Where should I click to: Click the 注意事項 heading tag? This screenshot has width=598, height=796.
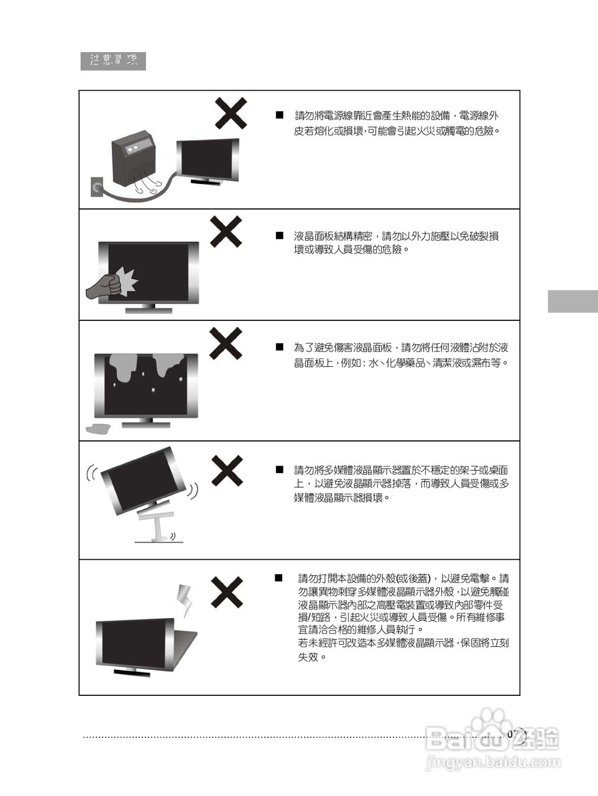pyautogui.click(x=113, y=61)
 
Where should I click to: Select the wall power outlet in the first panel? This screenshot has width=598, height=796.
pyautogui.click(x=96, y=185)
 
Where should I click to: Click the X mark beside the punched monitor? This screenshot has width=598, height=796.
pyautogui.click(x=226, y=231)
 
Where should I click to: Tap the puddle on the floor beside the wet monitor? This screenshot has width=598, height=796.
pyautogui.click(x=98, y=428)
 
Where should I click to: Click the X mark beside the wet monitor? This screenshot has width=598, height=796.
pyautogui.click(x=225, y=343)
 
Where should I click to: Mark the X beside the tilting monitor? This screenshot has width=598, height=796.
pyautogui.click(x=227, y=470)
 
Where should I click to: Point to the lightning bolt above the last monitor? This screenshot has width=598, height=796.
pyautogui.click(x=183, y=599)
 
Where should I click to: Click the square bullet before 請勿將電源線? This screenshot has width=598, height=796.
pyautogui.click(x=280, y=116)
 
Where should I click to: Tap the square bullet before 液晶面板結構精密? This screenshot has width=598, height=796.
pyautogui.click(x=280, y=236)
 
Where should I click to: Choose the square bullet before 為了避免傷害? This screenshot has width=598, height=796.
pyautogui.click(x=280, y=347)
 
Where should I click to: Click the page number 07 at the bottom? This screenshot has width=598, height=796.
pyautogui.click(x=513, y=734)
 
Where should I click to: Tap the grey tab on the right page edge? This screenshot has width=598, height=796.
pyautogui.click(x=573, y=301)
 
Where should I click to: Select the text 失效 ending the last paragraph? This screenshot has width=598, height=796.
pyautogui.click(x=312, y=657)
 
